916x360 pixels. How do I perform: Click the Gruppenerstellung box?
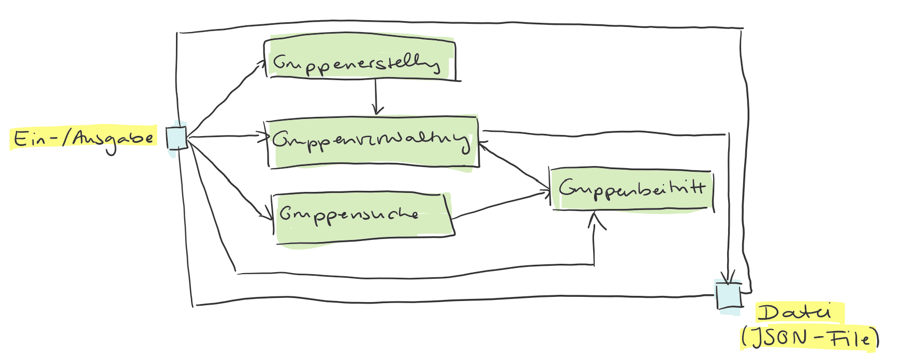[360, 61]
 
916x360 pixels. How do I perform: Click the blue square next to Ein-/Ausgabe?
[176, 138]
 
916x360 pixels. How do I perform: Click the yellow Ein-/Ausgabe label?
[83, 139]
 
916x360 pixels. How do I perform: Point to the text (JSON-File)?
[810, 338]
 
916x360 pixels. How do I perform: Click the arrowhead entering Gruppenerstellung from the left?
[261, 63]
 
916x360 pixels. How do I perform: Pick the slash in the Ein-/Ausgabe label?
[66, 138]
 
